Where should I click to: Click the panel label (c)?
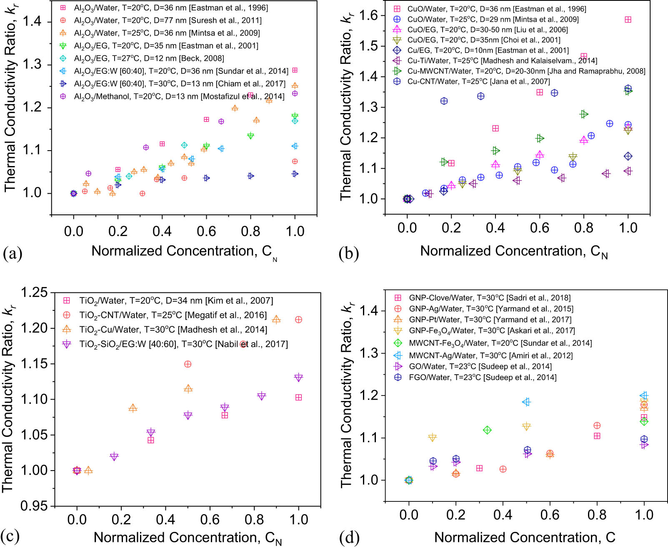(x=10, y=536)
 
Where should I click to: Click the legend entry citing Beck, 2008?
(x=149, y=58)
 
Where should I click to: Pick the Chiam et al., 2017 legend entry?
(x=180, y=84)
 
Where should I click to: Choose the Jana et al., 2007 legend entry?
(x=478, y=81)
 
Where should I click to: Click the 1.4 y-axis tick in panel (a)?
(x=32, y=21)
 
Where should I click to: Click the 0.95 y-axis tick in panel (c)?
(x=34, y=506)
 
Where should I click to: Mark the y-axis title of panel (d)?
(x=347, y=394)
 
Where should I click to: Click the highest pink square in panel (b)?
(x=628, y=20)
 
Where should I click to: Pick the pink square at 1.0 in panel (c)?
(x=298, y=398)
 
